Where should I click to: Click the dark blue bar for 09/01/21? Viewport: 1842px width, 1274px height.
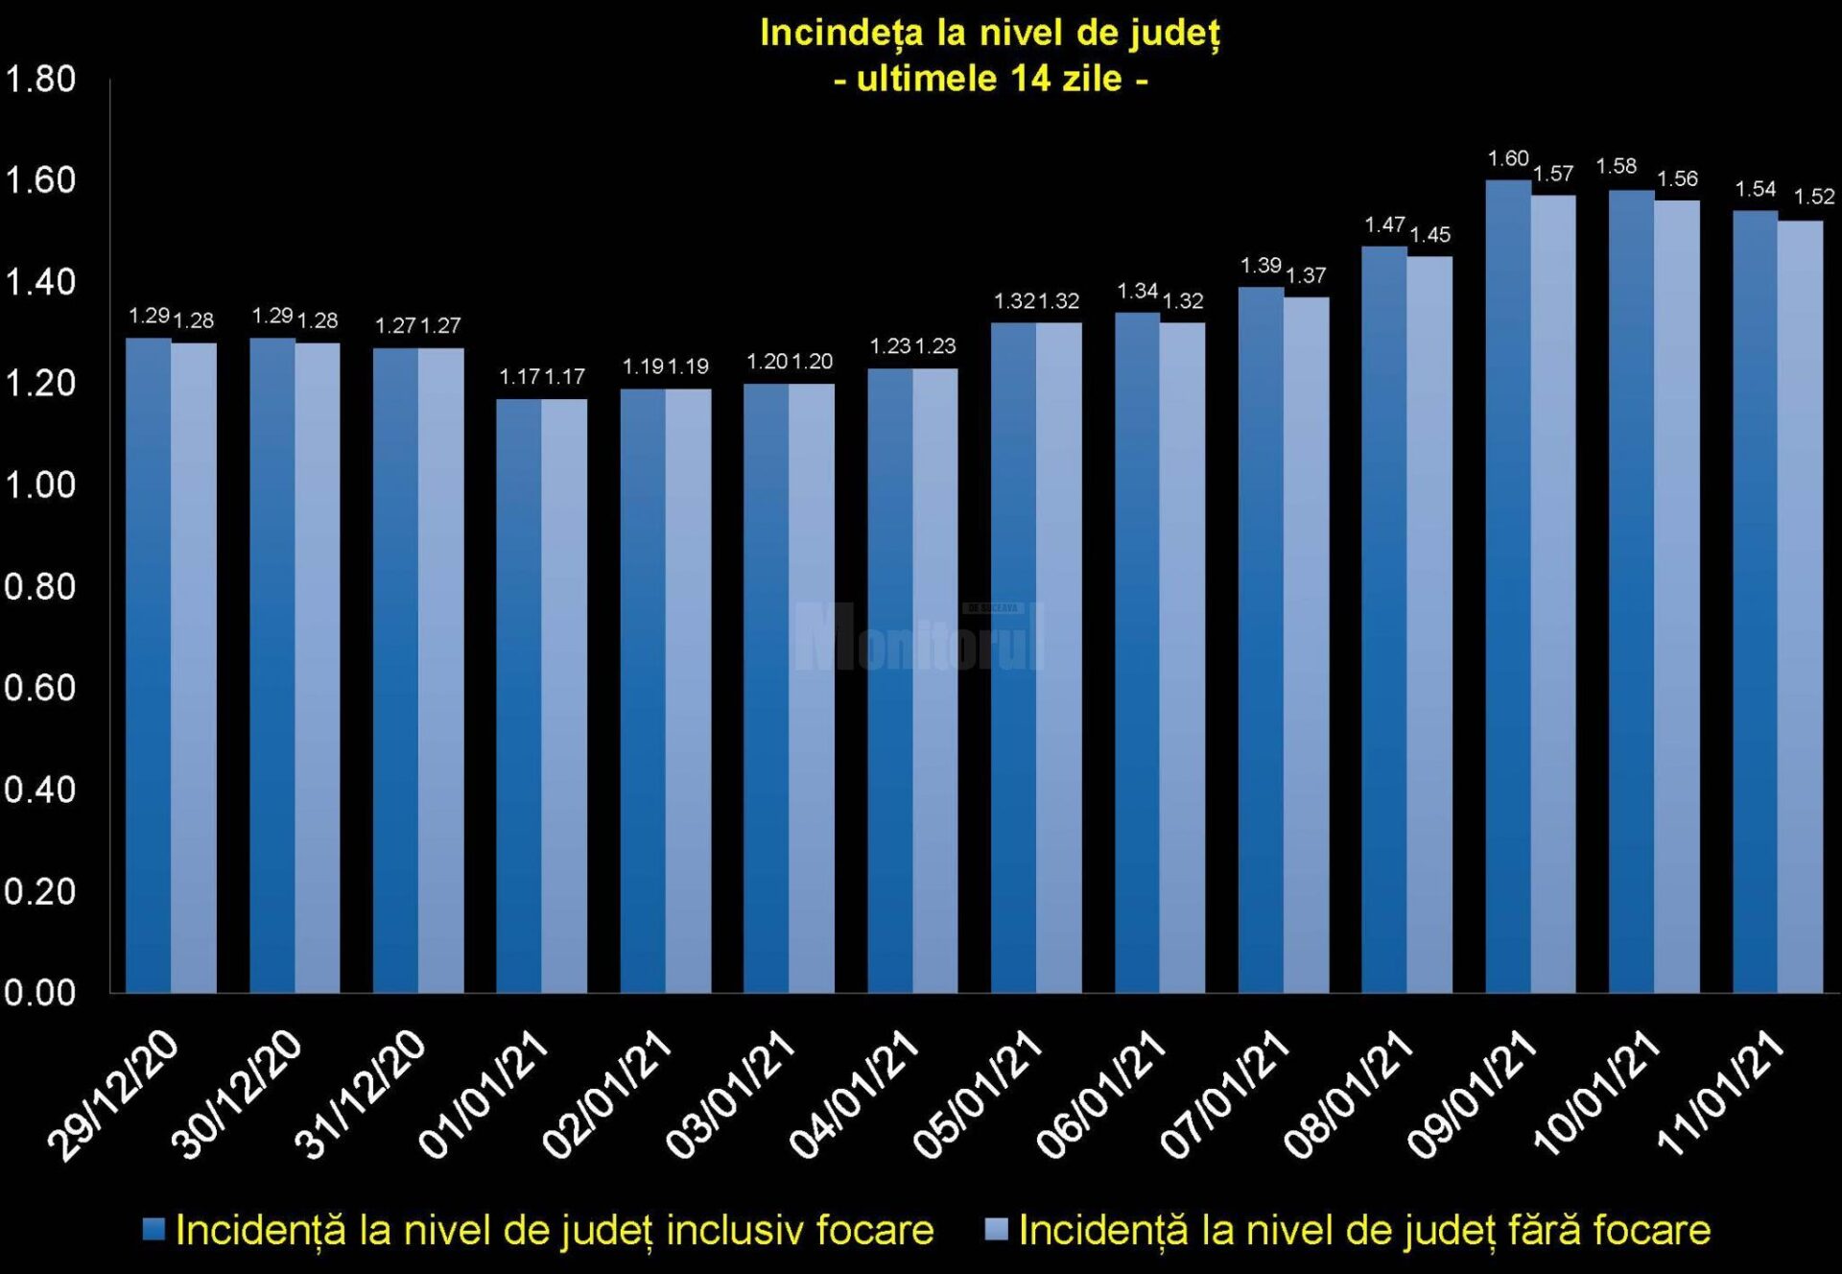1508,585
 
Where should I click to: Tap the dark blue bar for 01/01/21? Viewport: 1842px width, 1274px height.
519,696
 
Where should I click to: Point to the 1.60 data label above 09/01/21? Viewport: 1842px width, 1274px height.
1507,158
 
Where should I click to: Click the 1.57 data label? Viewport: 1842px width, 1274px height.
1553,174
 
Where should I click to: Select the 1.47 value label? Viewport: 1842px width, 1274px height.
1384,224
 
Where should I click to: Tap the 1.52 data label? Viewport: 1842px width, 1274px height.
1814,197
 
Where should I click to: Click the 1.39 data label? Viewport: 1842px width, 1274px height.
1261,265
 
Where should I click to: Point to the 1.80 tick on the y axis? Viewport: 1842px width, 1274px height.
40,79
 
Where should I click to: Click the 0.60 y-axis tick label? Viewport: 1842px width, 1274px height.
40,688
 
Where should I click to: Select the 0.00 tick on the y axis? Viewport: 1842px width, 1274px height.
40,993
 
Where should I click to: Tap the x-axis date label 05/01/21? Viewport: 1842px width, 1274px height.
979,1094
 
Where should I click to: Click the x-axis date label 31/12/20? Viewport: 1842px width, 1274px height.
361,1094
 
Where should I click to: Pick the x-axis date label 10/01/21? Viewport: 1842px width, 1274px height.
1596,1094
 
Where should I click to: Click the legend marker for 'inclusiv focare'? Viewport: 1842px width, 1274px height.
153,1229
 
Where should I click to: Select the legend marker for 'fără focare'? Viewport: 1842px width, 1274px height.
997,1229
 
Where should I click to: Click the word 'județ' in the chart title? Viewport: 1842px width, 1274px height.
1174,34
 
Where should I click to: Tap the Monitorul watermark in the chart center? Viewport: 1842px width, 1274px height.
919,636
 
